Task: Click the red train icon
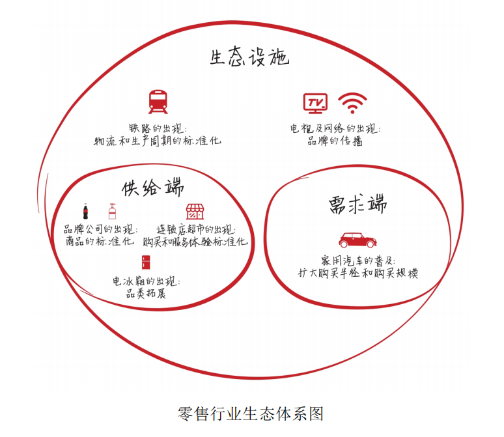point(158,102)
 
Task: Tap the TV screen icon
point(315,103)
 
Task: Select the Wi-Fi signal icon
point(352,103)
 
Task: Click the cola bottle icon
point(85,211)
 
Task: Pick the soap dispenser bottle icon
point(112,211)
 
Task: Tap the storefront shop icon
point(195,211)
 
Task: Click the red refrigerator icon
point(146,262)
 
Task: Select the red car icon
point(357,240)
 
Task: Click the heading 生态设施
point(250,57)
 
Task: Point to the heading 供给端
point(153,187)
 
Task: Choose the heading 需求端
point(357,204)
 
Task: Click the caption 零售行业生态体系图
point(251,414)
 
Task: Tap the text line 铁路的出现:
point(158,128)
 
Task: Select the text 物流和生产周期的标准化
point(158,141)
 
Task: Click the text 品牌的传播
point(335,141)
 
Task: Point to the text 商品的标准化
point(100,241)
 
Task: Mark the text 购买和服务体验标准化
point(195,242)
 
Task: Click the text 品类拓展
point(146,293)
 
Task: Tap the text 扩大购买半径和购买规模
point(358,273)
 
